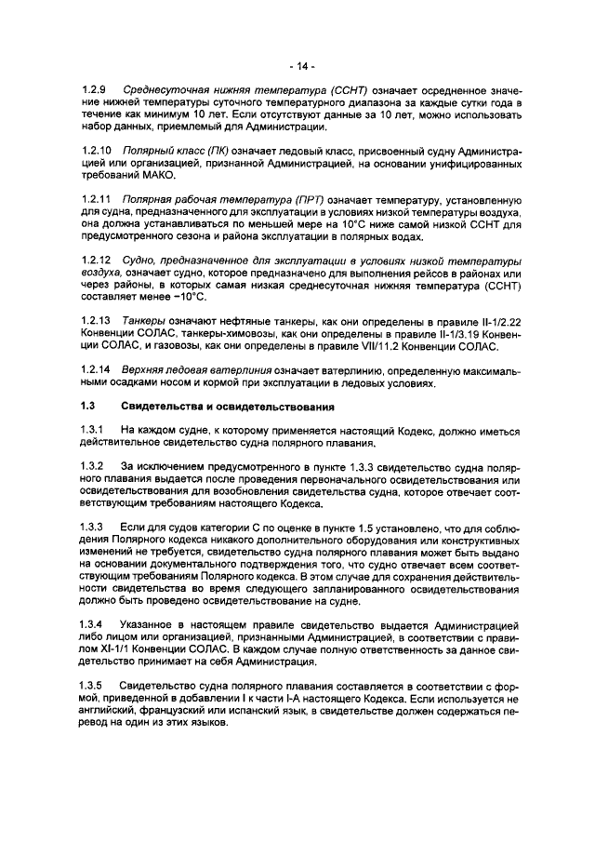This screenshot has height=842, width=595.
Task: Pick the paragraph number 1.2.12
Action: click(96, 260)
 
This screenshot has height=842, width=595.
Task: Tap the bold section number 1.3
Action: click(88, 406)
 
